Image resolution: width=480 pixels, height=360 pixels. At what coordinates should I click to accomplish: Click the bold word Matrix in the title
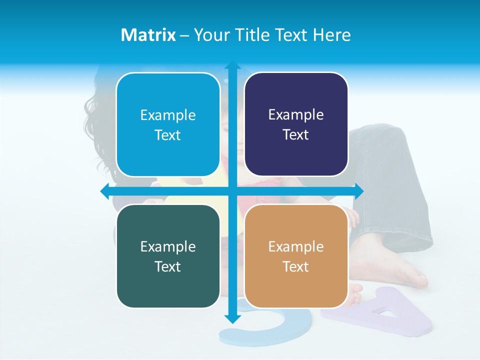[x=148, y=34]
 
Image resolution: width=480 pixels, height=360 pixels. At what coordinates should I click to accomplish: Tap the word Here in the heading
[x=331, y=34]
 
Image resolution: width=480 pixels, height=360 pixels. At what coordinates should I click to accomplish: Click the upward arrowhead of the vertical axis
[x=232, y=65]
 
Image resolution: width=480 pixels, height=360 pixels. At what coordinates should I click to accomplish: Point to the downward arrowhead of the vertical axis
[x=232, y=318]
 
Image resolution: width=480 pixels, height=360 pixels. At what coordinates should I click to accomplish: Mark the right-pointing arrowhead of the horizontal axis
[x=358, y=191]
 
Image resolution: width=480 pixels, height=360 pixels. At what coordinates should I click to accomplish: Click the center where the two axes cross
[x=232, y=191]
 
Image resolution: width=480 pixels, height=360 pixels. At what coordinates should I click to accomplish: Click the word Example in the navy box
[x=296, y=114]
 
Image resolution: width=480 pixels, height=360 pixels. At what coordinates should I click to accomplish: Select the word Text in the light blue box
[x=167, y=135]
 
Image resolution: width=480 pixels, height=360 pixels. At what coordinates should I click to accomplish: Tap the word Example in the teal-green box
[x=167, y=246]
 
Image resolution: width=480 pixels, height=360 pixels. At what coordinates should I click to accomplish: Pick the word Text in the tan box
[x=296, y=267]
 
